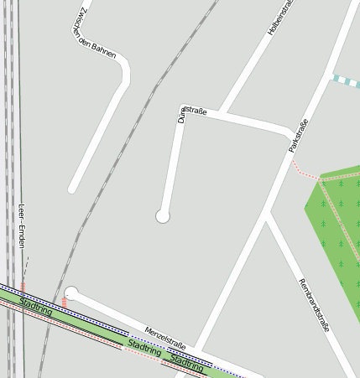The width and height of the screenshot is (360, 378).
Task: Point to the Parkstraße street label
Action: pos(298,135)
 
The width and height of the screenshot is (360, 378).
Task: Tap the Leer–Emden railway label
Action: pos(22,225)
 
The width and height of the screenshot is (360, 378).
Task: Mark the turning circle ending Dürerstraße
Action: pos(163,216)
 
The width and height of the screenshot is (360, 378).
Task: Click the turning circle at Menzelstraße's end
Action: pos(71,293)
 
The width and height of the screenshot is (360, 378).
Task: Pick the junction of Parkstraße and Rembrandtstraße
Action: pos(265,215)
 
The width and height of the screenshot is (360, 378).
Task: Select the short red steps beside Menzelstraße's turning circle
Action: pos(64,300)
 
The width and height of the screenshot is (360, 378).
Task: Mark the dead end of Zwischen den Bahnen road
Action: pos(73,189)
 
